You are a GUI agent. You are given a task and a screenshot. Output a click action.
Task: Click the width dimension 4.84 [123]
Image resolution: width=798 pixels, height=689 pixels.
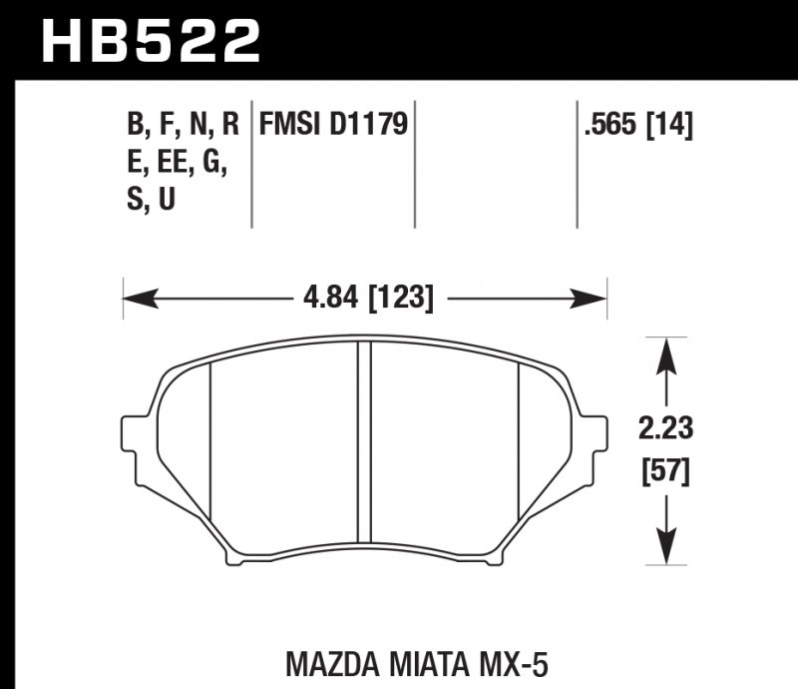[364, 297]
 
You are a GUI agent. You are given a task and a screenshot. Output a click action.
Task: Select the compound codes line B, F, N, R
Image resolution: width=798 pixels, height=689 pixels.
[183, 126]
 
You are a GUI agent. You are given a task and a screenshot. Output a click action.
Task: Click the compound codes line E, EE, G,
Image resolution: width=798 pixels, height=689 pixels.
[177, 163]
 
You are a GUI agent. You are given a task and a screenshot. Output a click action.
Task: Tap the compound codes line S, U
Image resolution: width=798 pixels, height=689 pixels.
[152, 201]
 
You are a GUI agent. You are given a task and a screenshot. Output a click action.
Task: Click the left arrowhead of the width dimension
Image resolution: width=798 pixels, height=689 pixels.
[133, 297]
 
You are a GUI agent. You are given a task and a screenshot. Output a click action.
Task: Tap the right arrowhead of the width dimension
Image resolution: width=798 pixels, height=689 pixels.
[596, 297]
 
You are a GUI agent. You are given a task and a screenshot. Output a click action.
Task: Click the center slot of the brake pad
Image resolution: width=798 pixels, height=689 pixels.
[364, 449]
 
